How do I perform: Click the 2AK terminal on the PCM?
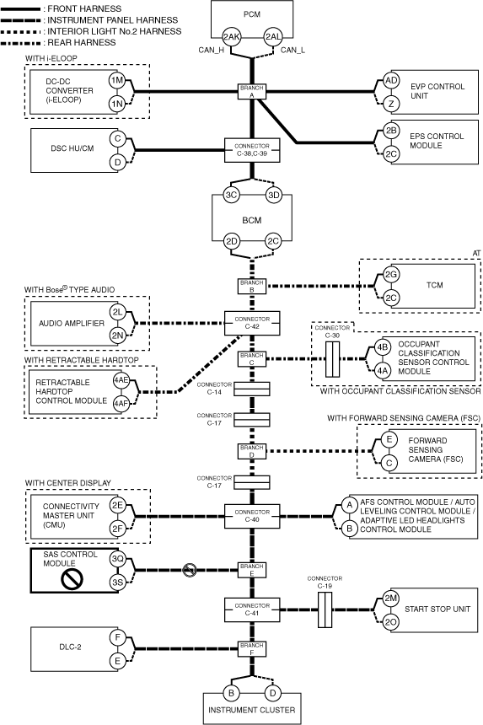[231, 37]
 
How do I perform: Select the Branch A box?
[252, 92]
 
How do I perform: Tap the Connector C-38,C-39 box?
[252, 150]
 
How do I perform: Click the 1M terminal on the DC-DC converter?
[117, 80]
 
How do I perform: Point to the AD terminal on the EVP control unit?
[391, 80]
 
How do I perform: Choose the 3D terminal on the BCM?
[274, 195]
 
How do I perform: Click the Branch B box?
[252, 287]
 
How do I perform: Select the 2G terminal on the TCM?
[391, 275]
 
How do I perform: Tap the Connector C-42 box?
[252, 323]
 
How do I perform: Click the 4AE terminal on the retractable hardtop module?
[121, 380]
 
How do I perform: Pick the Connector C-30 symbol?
[332, 359]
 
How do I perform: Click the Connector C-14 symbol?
[252, 389]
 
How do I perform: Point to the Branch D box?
[252, 451]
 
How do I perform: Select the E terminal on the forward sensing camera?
[389, 439]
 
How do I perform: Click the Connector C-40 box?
[252, 516]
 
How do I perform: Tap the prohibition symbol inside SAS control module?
[72, 579]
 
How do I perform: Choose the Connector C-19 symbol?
[325, 610]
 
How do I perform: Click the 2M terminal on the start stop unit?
[390, 599]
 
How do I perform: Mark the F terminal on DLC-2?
[117, 638]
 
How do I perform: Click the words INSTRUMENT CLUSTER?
[252, 710]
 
